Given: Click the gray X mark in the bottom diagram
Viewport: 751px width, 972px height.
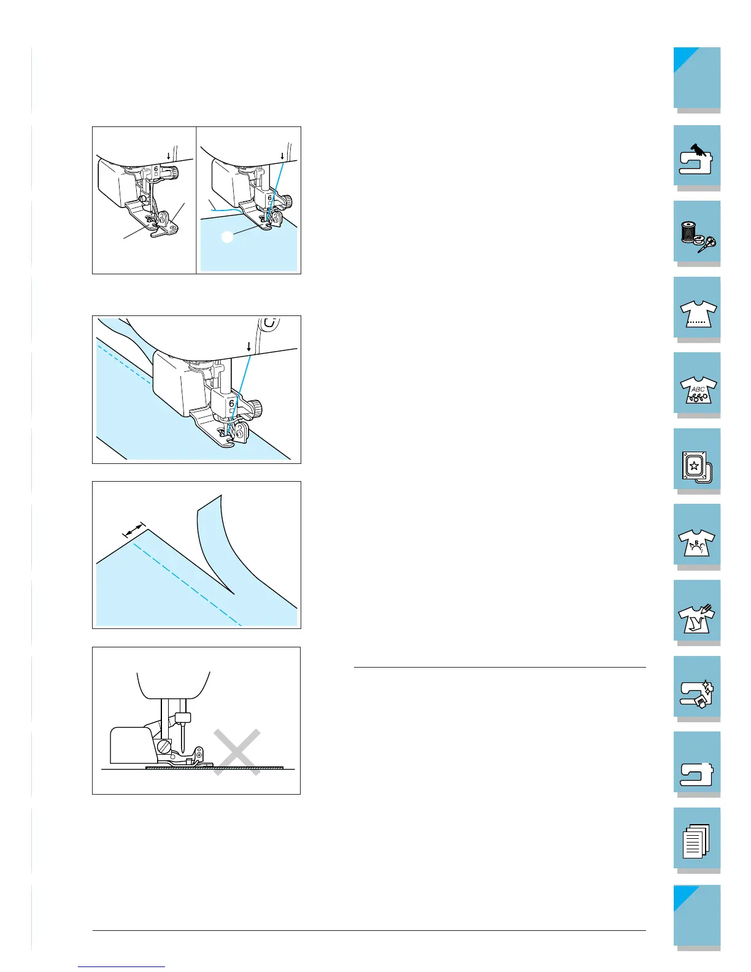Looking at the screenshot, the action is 237,752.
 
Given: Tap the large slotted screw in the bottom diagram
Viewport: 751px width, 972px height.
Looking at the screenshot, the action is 164,747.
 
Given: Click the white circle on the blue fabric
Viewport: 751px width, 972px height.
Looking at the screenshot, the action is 227,237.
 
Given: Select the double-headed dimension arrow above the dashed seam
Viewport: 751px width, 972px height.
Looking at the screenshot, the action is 134,531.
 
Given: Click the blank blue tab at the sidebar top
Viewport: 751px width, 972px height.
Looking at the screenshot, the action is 697,78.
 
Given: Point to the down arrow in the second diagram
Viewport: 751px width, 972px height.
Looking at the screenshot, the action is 248,347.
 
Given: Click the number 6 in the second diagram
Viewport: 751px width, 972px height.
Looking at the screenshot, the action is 231,404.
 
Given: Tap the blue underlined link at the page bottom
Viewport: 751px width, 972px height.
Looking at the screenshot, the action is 121,967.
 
